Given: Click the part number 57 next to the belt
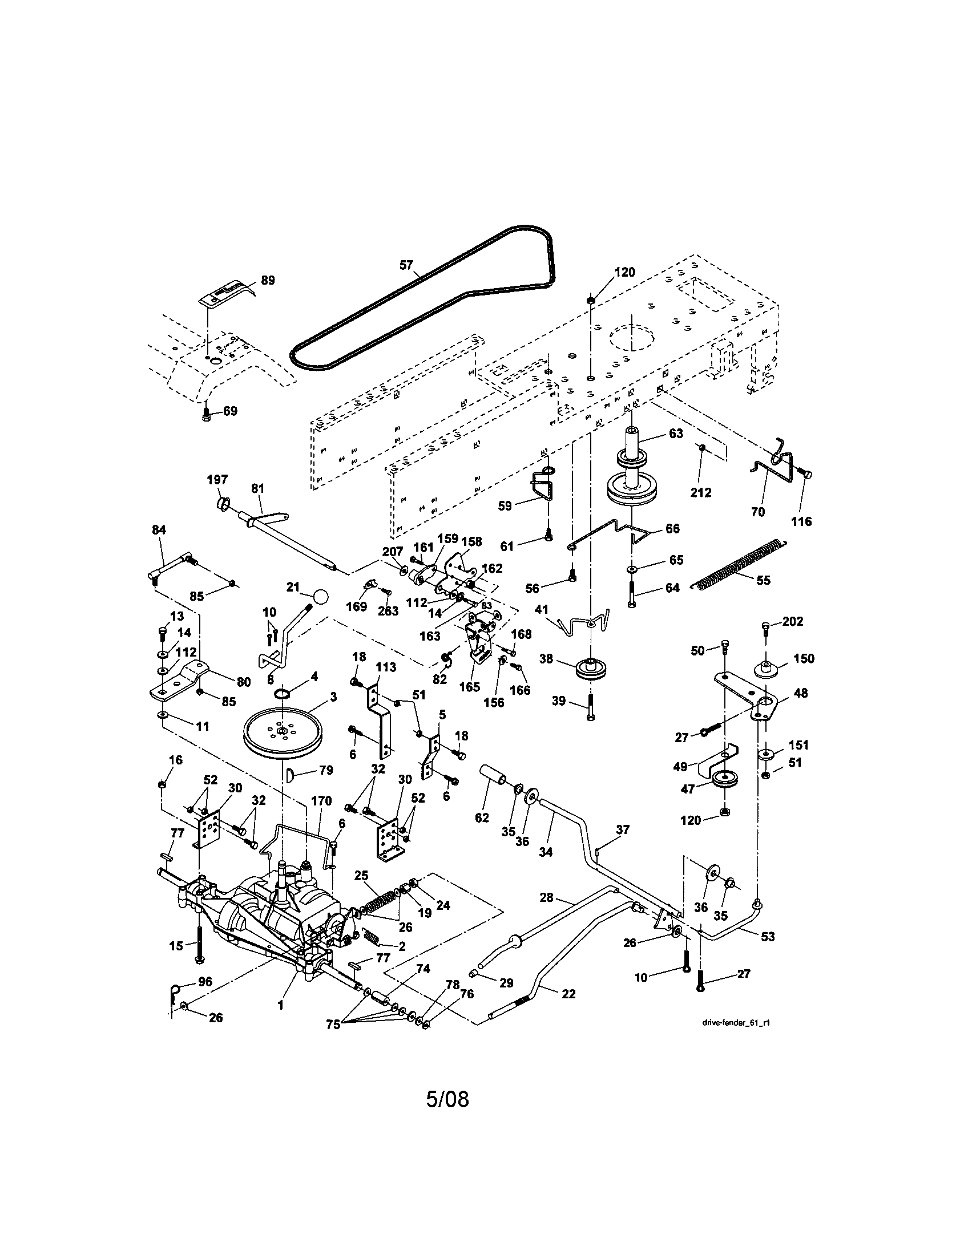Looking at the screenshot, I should click(x=406, y=265).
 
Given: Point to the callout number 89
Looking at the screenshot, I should click(x=268, y=281).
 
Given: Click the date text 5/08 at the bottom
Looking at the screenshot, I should click(x=447, y=1099).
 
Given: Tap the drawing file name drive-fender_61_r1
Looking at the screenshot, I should click(x=735, y=1022).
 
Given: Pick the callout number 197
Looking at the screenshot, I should click(x=217, y=480).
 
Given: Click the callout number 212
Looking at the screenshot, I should click(x=701, y=492).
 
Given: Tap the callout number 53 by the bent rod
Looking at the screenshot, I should click(x=768, y=936).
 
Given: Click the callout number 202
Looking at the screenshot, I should click(x=793, y=621).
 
